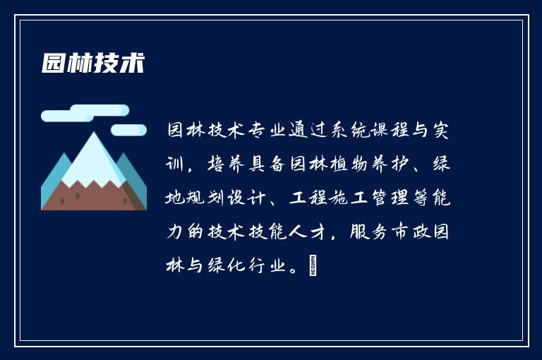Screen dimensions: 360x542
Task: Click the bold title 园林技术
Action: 92,64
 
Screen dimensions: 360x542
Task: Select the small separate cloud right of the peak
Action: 128,129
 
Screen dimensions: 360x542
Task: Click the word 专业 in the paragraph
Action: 260,131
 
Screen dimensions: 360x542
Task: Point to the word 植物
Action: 352,165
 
